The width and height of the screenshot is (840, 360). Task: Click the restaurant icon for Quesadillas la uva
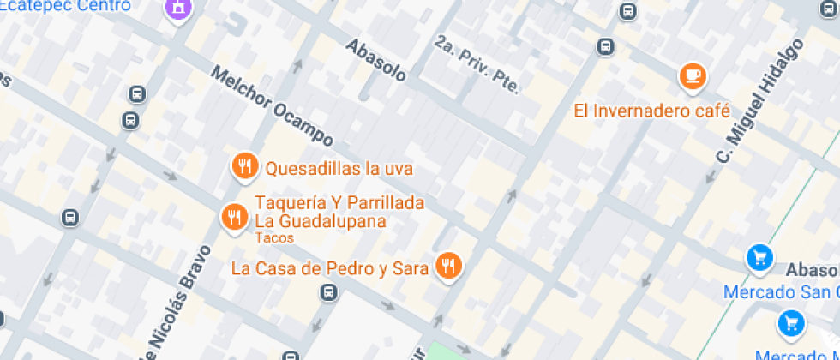(245, 166)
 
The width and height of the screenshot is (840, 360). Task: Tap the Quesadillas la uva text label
(339, 169)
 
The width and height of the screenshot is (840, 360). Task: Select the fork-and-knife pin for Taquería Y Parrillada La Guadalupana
(233, 217)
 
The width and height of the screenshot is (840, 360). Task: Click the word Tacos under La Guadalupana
(274, 237)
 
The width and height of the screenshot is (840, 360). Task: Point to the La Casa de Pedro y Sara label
(330, 268)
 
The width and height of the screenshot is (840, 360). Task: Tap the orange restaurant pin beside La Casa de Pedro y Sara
(447, 266)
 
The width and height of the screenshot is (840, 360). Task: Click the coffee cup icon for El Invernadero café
(693, 76)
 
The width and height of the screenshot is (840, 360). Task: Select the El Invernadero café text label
(651, 111)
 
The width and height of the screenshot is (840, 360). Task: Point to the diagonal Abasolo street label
(375, 61)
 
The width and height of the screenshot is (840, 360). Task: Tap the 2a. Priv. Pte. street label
(477, 64)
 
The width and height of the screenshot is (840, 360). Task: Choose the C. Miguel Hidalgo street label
(762, 104)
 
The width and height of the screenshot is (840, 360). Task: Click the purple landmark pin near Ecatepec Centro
(178, 8)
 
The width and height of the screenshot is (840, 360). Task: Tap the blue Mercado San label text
(780, 292)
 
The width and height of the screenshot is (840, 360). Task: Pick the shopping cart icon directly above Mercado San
(759, 257)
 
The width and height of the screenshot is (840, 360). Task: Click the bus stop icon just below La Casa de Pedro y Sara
(327, 293)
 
